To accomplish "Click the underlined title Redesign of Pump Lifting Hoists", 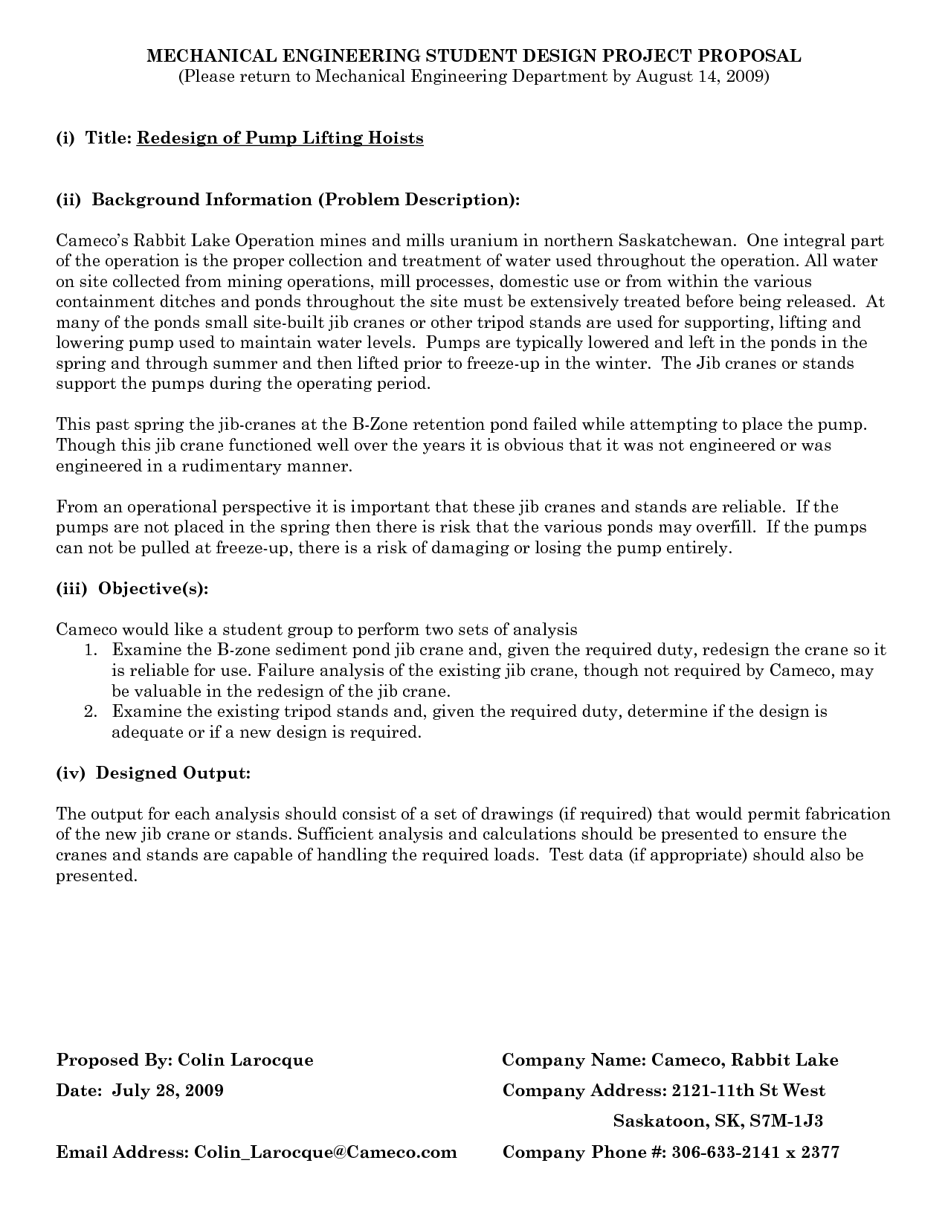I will click(x=280, y=138).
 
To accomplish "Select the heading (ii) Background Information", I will click(x=288, y=200).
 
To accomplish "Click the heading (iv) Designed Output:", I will click(x=153, y=773).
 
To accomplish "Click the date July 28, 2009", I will click(x=167, y=1091).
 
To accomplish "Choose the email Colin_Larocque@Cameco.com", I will click(x=325, y=1153).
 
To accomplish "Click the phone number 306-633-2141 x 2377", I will click(x=755, y=1153).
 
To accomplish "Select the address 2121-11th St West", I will click(x=748, y=1091).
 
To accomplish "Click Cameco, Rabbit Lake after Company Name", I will click(x=744, y=1060).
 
